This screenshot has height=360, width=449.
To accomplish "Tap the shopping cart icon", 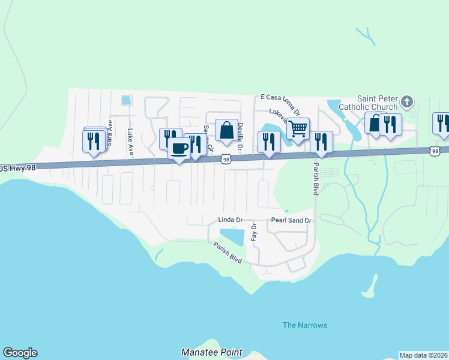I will (298, 128).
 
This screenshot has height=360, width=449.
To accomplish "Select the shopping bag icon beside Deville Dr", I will (226, 130).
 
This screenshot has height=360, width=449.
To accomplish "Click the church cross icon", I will (407, 101).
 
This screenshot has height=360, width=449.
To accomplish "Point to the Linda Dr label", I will (230, 220).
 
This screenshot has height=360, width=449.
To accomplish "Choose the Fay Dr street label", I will (254, 232).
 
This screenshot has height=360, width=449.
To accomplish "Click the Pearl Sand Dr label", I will (291, 220).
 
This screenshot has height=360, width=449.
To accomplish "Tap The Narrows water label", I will (305, 325).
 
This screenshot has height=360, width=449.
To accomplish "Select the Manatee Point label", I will (212, 352).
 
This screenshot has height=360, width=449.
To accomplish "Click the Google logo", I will (20, 353).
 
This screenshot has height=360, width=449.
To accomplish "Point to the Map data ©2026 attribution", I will (423, 355).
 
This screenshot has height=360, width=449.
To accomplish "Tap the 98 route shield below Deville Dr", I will (226, 159).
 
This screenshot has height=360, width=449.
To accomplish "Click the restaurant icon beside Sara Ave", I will (93, 141).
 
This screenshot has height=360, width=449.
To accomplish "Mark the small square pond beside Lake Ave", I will (126, 100).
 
